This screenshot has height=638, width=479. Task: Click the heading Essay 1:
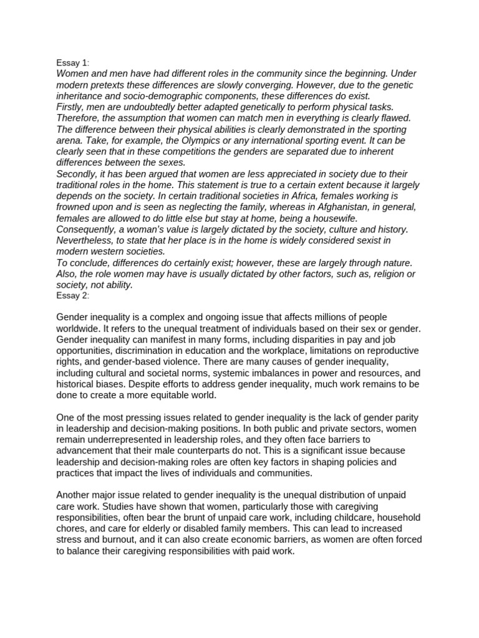[72, 63]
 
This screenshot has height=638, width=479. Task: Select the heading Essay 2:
[72, 296]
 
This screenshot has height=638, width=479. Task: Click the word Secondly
[79, 174]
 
